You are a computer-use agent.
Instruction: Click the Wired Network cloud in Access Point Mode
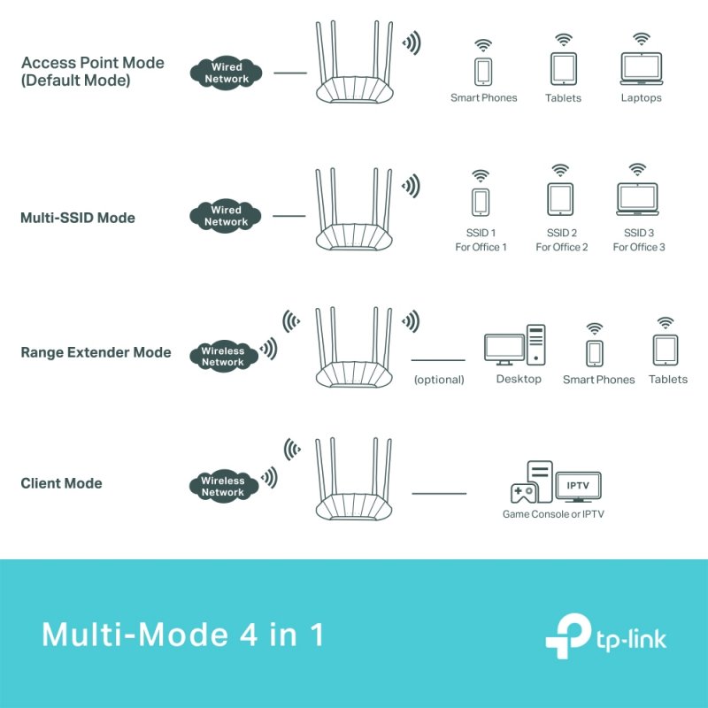click(227, 73)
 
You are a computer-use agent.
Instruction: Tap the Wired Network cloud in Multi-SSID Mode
click(227, 216)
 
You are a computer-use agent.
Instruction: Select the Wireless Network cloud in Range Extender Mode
click(222, 357)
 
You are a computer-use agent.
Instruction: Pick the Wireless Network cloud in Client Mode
click(222, 487)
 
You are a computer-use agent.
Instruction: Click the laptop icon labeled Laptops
click(641, 68)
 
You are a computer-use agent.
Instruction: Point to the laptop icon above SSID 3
click(637, 200)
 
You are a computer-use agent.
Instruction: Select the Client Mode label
click(61, 483)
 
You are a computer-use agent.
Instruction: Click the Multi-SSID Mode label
click(78, 218)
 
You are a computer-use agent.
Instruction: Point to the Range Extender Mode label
click(96, 352)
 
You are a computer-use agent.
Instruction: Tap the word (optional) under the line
click(439, 380)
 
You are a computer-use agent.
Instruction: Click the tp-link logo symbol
click(566, 634)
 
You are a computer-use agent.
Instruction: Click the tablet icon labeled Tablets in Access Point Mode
click(563, 68)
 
